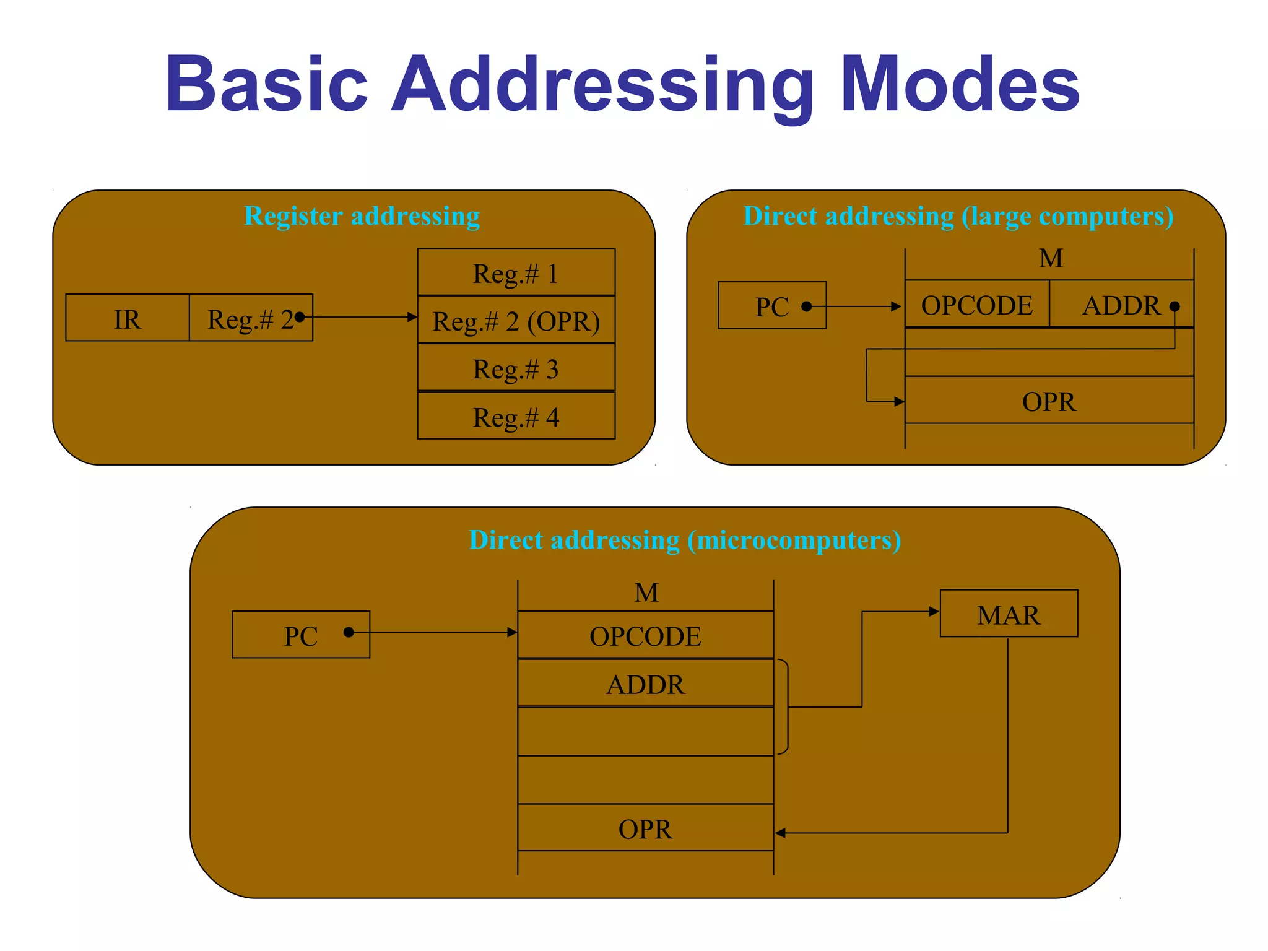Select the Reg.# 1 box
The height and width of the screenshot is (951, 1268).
pyautogui.click(x=516, y=273)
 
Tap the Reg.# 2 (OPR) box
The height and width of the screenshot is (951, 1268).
pyautogui.click(x=516, y=321)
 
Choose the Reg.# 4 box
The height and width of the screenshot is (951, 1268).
pyautogui.click(x=516, y=417)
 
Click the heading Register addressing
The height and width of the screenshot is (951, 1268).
pyautogui.click(x=362, y=216)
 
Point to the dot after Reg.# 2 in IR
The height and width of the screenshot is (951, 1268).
pyautogui.click(x=300, y=317)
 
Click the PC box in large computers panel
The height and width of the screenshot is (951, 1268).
pyautogui.click(x=771, y=306)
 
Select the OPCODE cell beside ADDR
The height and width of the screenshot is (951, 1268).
pyautogui.click(x=976, y=305)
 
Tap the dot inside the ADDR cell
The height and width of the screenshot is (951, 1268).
pyautogui.click(x=1175, y=306)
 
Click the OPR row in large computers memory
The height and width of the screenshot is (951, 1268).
pyautogui.click(x=1049, y=401)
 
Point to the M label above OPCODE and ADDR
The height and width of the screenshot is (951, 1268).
pyautogui.click(x=1051, y=258)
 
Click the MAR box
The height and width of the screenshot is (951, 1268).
pyautogui.click(x=1009, y=614)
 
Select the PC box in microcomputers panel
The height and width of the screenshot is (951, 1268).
pyautogui.click(x=301, y=635)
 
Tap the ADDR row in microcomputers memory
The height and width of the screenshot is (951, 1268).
pyautogui.click(x=645, y=684)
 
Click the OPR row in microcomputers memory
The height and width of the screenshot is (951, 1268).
pyautogui.click(x=645, y=828)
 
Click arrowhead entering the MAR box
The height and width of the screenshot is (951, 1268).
pyautogui.click(x=934, y=612)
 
